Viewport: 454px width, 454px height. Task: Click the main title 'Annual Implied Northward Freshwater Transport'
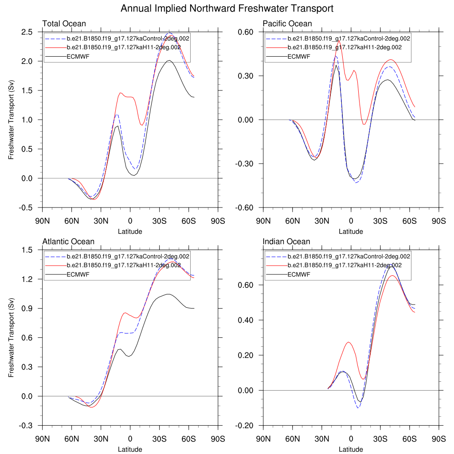coord(227,8)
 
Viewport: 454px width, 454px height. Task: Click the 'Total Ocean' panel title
coord(64,23)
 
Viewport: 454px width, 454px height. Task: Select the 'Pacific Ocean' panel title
coord(287,23)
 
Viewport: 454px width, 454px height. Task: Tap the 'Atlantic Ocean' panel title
coord(68,242)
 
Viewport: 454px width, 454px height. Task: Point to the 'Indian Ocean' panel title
coord(286,242)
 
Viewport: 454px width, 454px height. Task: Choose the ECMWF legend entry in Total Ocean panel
coord(78,56)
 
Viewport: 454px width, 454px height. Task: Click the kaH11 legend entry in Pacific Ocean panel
coord(344,47)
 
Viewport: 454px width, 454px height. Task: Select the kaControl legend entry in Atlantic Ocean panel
coord(128,256)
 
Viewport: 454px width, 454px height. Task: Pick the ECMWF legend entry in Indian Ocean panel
coord(299,274)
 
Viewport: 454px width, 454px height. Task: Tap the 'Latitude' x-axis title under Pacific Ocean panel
coord(351,231)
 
